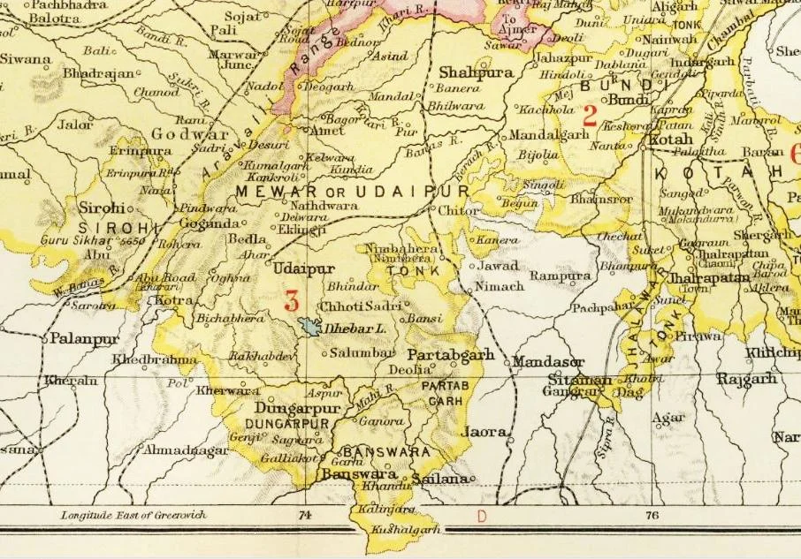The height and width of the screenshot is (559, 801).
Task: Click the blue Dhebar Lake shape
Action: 309,327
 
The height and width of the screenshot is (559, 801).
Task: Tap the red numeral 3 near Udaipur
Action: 291,299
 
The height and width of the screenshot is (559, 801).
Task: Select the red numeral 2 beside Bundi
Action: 591,114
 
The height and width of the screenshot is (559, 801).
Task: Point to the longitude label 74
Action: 306,515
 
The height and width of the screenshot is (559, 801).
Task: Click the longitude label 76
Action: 652,515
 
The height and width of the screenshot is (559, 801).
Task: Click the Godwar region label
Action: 184,133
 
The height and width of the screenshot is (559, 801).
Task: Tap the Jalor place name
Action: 74,125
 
